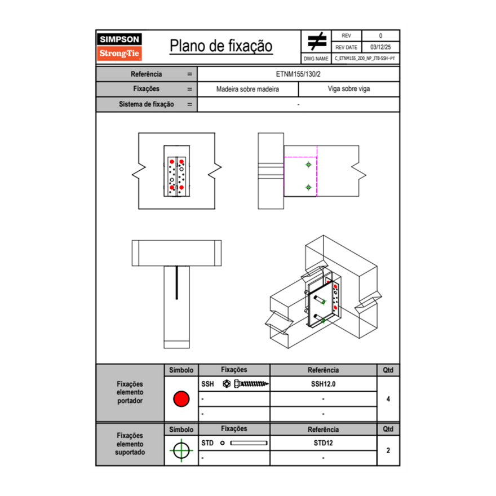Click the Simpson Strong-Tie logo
pos(119,47)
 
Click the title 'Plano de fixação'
pos(221,46)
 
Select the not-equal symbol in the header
pos(317,41)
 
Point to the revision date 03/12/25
pos(380,47)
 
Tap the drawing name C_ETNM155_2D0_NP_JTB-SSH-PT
pos(365,59)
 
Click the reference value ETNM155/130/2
pos(298,74)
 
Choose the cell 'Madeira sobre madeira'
pos(247,89)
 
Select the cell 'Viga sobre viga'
pos(348,89)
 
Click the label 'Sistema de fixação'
pos(146,104)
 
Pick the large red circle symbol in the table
pos(181,399)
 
